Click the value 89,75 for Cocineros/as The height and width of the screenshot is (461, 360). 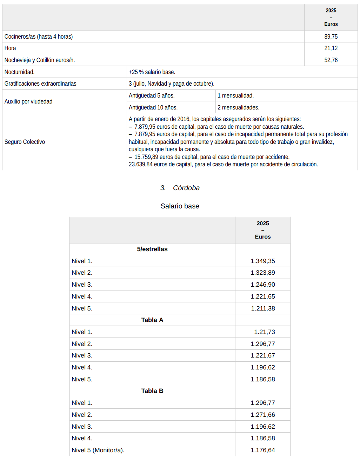click(331, 36)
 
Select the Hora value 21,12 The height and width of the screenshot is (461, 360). click(331, 48)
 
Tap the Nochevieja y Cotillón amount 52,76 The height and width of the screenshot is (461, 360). click(331, 60)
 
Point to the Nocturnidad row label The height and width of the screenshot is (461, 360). click(19, 72)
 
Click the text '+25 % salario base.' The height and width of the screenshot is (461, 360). click(152, 72)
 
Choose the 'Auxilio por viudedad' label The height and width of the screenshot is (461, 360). click(28, 101)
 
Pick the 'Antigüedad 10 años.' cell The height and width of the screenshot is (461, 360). click(153, 107)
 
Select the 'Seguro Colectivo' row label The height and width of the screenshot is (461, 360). click(25, 142)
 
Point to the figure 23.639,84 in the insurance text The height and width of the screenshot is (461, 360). click(140, 164)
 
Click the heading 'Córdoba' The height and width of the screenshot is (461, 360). click(186, 188)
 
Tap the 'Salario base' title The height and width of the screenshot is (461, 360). click(180, 206)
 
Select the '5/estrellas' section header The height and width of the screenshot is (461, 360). click(152, 249)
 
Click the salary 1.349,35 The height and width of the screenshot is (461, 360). click(262, 261)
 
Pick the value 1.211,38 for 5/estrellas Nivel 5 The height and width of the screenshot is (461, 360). click(263, 308)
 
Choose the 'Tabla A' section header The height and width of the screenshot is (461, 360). click(152, 320)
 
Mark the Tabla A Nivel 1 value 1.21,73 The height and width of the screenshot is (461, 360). click(264, 332)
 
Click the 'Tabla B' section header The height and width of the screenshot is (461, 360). click(152, 391)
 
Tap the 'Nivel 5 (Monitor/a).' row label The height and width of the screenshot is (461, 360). click(98, 450)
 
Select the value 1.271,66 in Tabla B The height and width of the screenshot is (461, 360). click(262, 415)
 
